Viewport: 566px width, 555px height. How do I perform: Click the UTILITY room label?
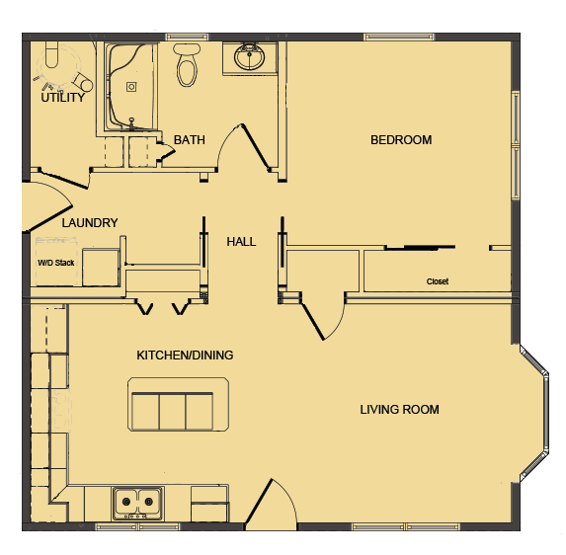[x=62, y=98]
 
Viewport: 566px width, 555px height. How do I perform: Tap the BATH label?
[x=189, y=140]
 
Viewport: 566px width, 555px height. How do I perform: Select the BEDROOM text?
[x=401, y=140]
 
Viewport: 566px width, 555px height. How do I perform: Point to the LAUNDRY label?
[x=90, y=223]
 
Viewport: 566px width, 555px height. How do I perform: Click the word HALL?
[x=241, y=241]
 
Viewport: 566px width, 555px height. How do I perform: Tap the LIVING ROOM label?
[x=399, y=410]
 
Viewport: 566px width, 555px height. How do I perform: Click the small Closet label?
[x=438, y=281]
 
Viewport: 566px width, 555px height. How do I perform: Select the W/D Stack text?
[x=56, y=263]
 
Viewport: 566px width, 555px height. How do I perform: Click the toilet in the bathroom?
[x=187, y=64]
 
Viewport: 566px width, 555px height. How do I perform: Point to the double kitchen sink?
[x=137, y=503]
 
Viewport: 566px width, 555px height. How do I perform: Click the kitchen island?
[x=171, y=405]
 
